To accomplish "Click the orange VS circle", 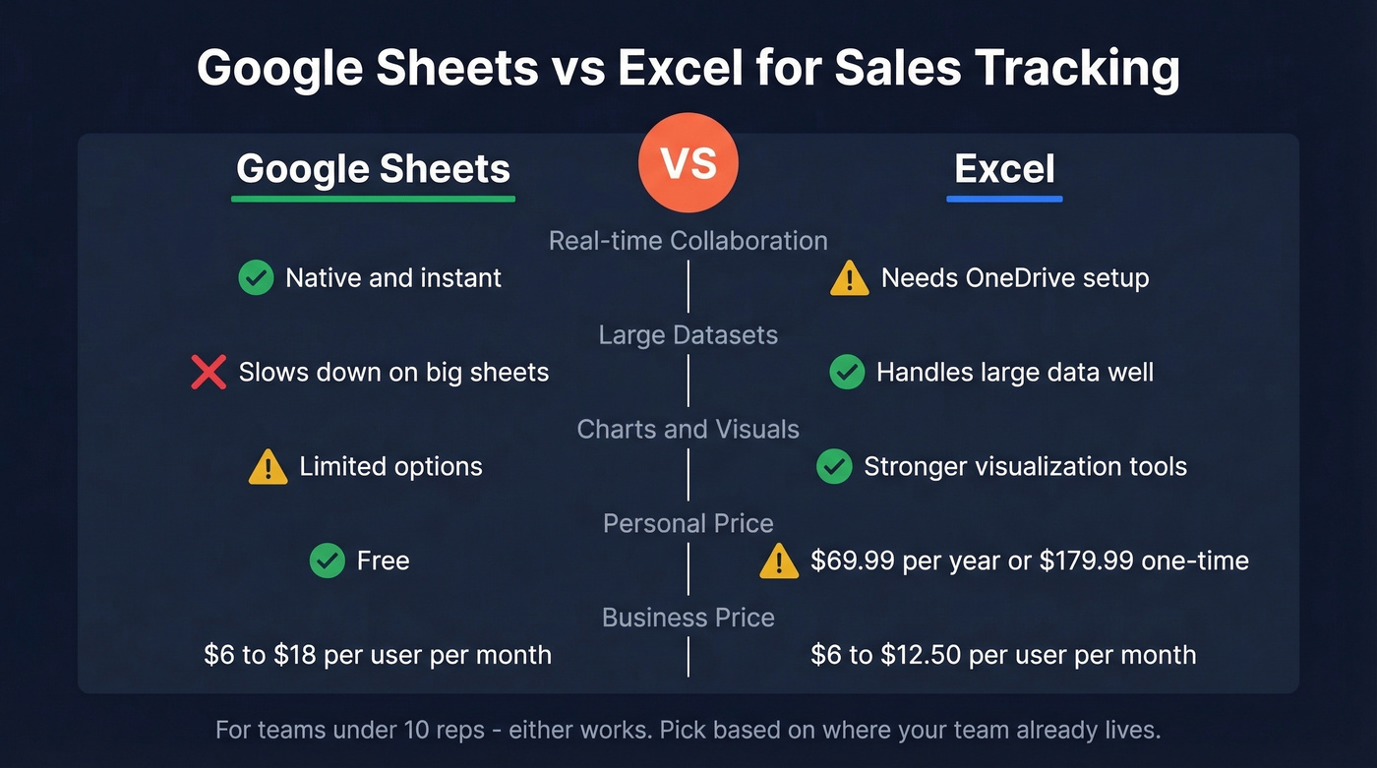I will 688,163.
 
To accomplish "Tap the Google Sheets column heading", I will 373,168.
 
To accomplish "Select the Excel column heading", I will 1004,168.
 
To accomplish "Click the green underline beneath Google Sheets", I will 373,199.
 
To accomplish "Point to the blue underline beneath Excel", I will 1004,199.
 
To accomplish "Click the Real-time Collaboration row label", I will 688,241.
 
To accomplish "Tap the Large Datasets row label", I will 688,335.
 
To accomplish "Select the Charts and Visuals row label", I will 688,430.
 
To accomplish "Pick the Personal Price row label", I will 688,523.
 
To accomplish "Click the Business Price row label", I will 688,618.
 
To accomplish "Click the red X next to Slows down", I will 209,373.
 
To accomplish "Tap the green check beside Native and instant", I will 256,278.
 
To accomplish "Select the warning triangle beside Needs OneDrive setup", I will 850,279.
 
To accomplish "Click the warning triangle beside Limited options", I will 268,467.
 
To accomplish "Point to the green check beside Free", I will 327,561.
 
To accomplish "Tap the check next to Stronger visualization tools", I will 834,467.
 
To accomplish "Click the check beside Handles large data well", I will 847,373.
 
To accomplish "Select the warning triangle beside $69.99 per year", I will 779,562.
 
